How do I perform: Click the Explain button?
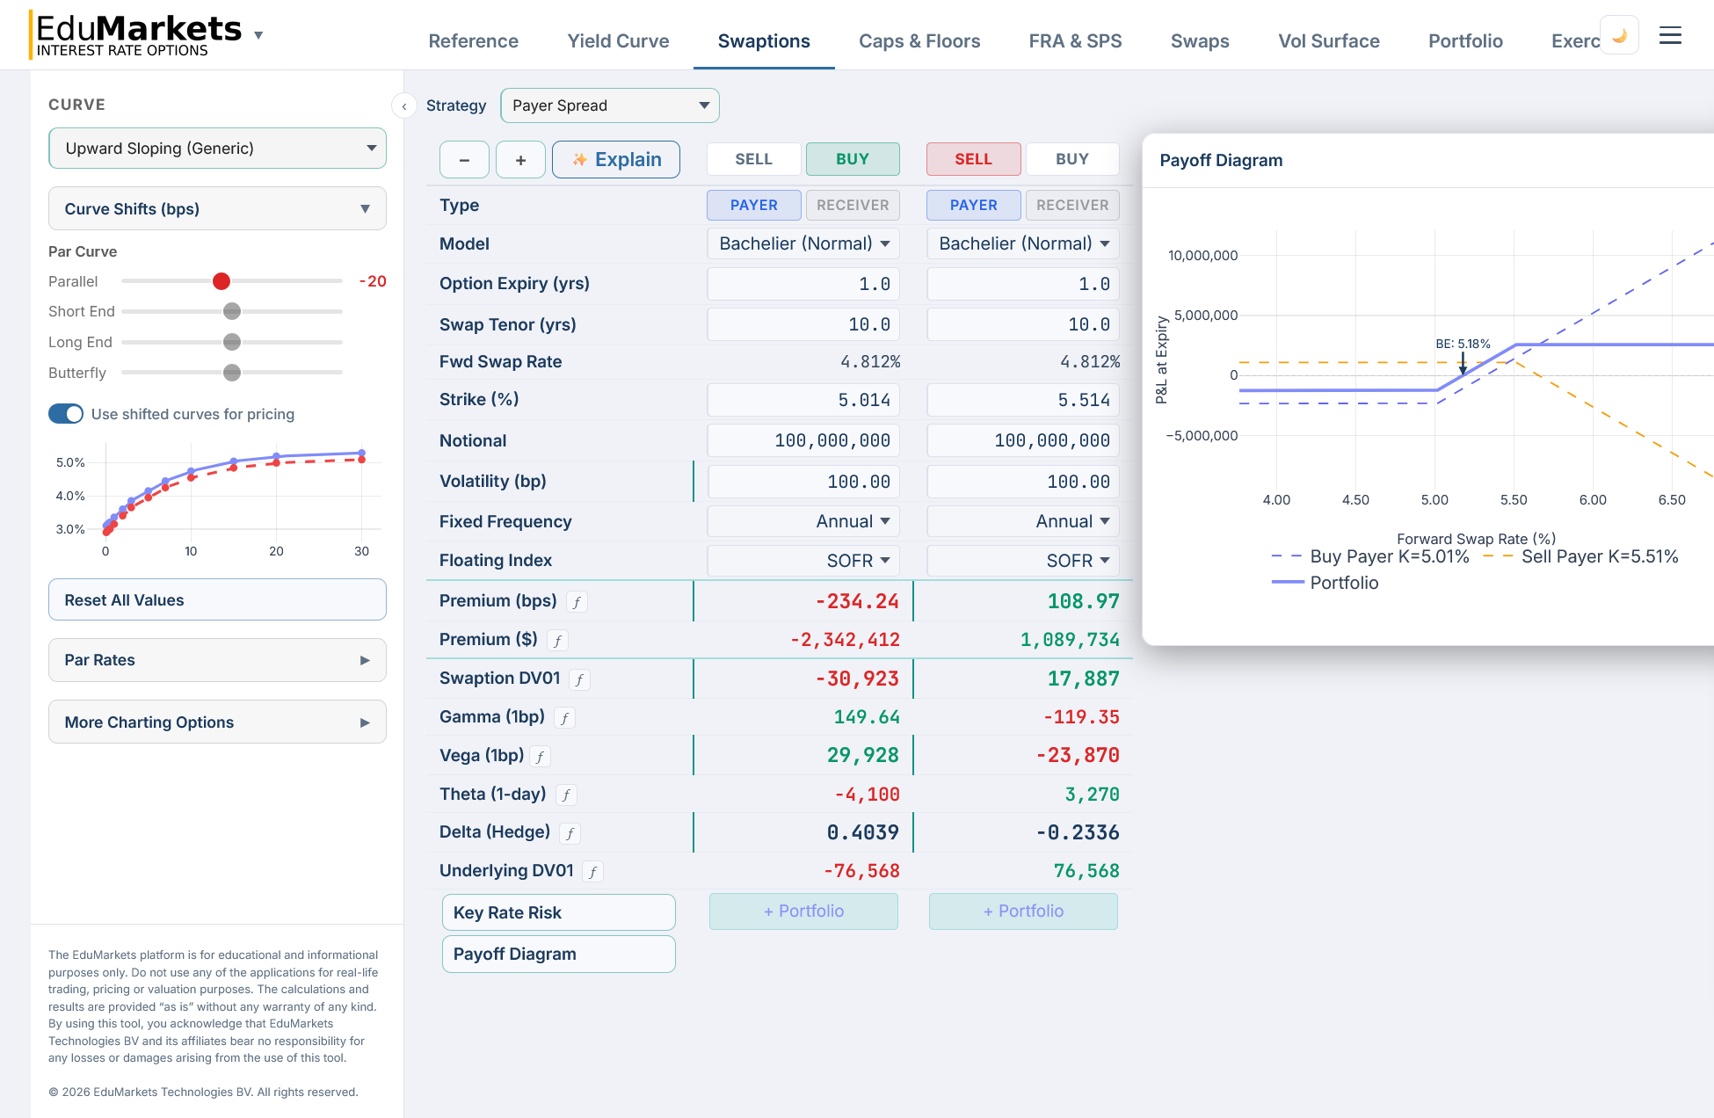tap(615, 159)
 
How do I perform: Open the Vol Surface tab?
tap(1328, 41)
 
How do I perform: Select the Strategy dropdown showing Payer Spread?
tap(609, 105)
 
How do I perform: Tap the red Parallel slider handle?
tap(222, 281)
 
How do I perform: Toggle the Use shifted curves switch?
tap(66, 414)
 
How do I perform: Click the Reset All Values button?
tap(217, 600)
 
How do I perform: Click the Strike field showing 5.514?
tap(1022, 400)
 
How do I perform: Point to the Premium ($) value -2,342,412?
tap(845, 640)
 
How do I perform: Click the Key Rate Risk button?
tap(558, 912)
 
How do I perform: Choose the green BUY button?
tap(852, 159)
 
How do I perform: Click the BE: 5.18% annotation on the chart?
tap(1463, 344)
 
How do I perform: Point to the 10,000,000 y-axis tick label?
tap(1202, 256)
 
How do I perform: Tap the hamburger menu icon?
tap(1670, 35)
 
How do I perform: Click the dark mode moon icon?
tap(1619, 35)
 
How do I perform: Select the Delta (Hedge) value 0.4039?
tap(862, 832)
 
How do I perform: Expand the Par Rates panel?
tap(217, 660)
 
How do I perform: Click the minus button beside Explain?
tap(464, 160)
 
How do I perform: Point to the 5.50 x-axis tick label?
tap(1513, 500)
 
